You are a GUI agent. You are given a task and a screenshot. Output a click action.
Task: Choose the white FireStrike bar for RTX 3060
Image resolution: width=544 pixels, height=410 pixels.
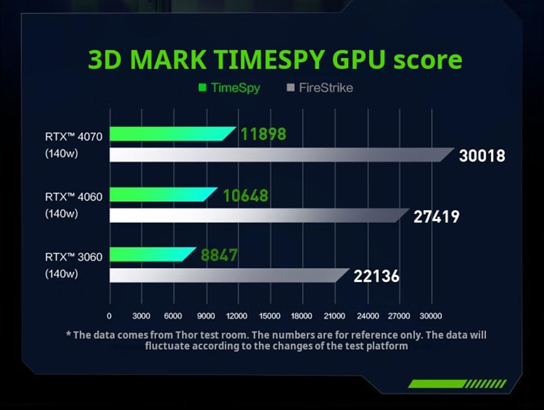(228, 275)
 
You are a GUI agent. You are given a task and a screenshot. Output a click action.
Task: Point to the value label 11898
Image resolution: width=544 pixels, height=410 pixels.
(263, 134)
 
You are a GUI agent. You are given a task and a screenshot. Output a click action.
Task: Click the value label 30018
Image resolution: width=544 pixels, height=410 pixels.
(482, 156)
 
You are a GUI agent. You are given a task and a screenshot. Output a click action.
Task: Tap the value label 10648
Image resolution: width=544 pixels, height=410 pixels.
(245, 195)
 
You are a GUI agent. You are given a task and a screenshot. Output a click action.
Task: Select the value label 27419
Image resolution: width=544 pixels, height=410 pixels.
(436, 216)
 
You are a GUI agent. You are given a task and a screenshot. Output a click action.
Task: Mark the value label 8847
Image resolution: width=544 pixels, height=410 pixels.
(219, 254)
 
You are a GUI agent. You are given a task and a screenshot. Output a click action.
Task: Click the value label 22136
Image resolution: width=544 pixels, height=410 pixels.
(376, 276)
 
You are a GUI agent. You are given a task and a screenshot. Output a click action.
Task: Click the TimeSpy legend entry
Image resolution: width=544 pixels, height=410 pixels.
(229, 88)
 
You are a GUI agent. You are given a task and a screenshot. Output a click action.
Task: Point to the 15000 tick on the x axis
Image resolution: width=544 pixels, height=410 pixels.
(270, 316)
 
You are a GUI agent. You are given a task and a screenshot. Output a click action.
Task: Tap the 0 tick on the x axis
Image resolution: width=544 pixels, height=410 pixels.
(109, 316)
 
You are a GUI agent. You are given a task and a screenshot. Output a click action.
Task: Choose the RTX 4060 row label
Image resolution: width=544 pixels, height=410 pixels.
(73, 197)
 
